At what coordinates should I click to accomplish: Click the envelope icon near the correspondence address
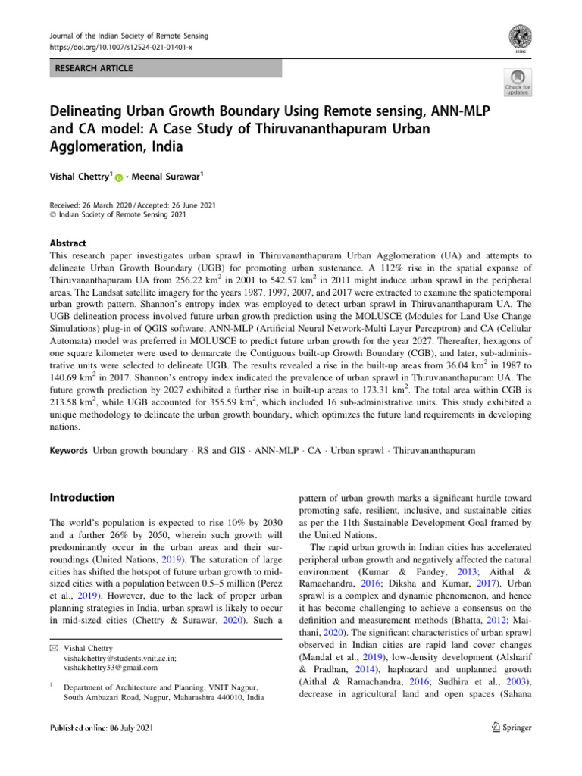point(52,647)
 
